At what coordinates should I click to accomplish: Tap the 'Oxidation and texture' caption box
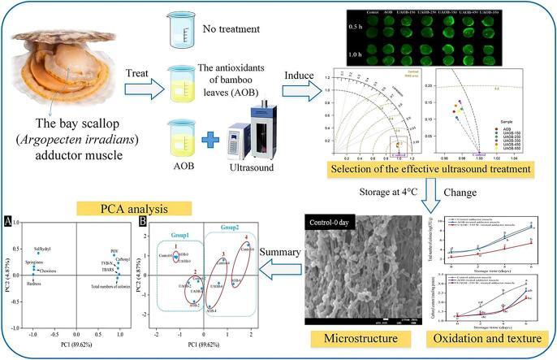[490, 336]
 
